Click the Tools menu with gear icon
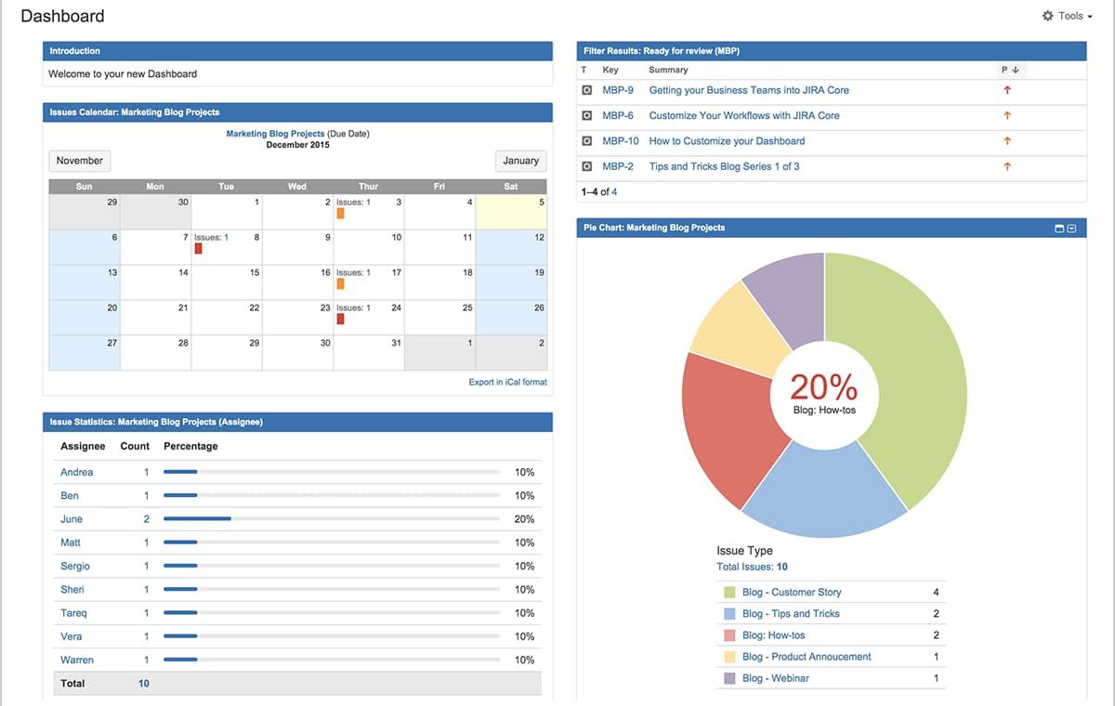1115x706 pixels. click(1067, 16)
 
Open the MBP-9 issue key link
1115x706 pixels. click(618, 90)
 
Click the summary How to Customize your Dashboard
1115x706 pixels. click(727, 141)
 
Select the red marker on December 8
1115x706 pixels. click(198, 249)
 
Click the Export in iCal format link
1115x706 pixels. click(507, 382)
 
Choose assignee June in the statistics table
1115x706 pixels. click(72, 519)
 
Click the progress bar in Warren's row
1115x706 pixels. click(331, 660)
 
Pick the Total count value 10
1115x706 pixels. click(144, 683)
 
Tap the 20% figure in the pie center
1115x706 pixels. click(823, 386)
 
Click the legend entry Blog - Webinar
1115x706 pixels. click(775, 678)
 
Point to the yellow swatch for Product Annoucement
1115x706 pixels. click(729, 657)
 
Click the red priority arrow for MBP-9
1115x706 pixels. click(1007, 90)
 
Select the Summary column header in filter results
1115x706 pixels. click(668, 70)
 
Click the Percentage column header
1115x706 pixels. click(190, 446)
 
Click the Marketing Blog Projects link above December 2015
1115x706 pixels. click(275, 134)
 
